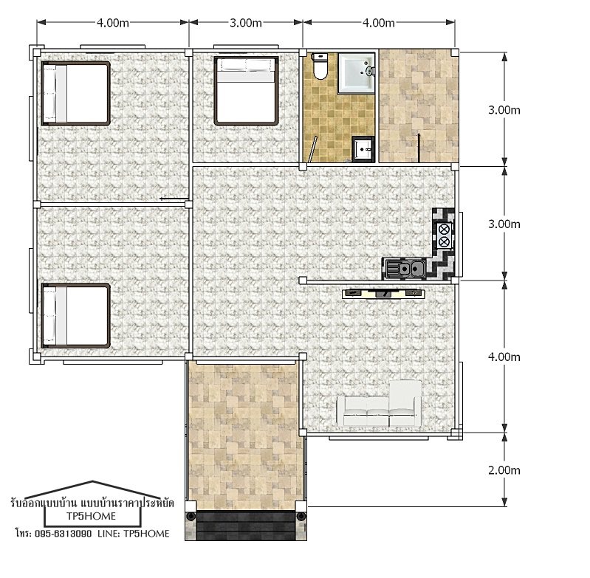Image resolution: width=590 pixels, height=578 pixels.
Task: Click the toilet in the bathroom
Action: click(320, 66)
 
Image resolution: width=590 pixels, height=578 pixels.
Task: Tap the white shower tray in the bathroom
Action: click(357, 73)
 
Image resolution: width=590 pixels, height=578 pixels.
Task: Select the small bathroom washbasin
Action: click(363, 148)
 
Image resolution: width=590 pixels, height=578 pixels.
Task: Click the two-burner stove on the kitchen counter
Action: click(444, 235)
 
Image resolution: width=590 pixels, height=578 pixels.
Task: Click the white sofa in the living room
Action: click(380, 405)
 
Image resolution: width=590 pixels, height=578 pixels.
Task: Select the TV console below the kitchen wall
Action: click(383, 293)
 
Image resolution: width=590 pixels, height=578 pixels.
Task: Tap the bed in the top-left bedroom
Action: click(76, 93)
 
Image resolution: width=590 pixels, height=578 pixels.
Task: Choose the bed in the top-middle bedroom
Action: click(247, 91)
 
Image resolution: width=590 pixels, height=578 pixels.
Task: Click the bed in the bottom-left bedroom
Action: click(76, 316)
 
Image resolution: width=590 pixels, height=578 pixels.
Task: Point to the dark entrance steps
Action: click(246, 526)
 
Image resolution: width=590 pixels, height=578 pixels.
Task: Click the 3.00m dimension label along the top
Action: click(246, 23)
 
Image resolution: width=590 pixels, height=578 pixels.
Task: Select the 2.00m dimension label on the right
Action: click(504, 470)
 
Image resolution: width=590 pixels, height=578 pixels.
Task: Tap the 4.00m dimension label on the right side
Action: click(504, 357)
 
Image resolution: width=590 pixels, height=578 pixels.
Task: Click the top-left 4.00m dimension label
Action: click(113, 23)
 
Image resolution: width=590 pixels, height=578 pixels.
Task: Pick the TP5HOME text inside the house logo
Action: click(91, 516)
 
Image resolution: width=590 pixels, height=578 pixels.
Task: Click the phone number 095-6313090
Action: click(64, 534)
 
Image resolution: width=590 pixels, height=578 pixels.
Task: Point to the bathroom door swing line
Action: click(313, 149)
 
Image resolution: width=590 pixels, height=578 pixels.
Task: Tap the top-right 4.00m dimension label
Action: click(379, 23)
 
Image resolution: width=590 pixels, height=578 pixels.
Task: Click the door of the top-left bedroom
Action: click(174, 199)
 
